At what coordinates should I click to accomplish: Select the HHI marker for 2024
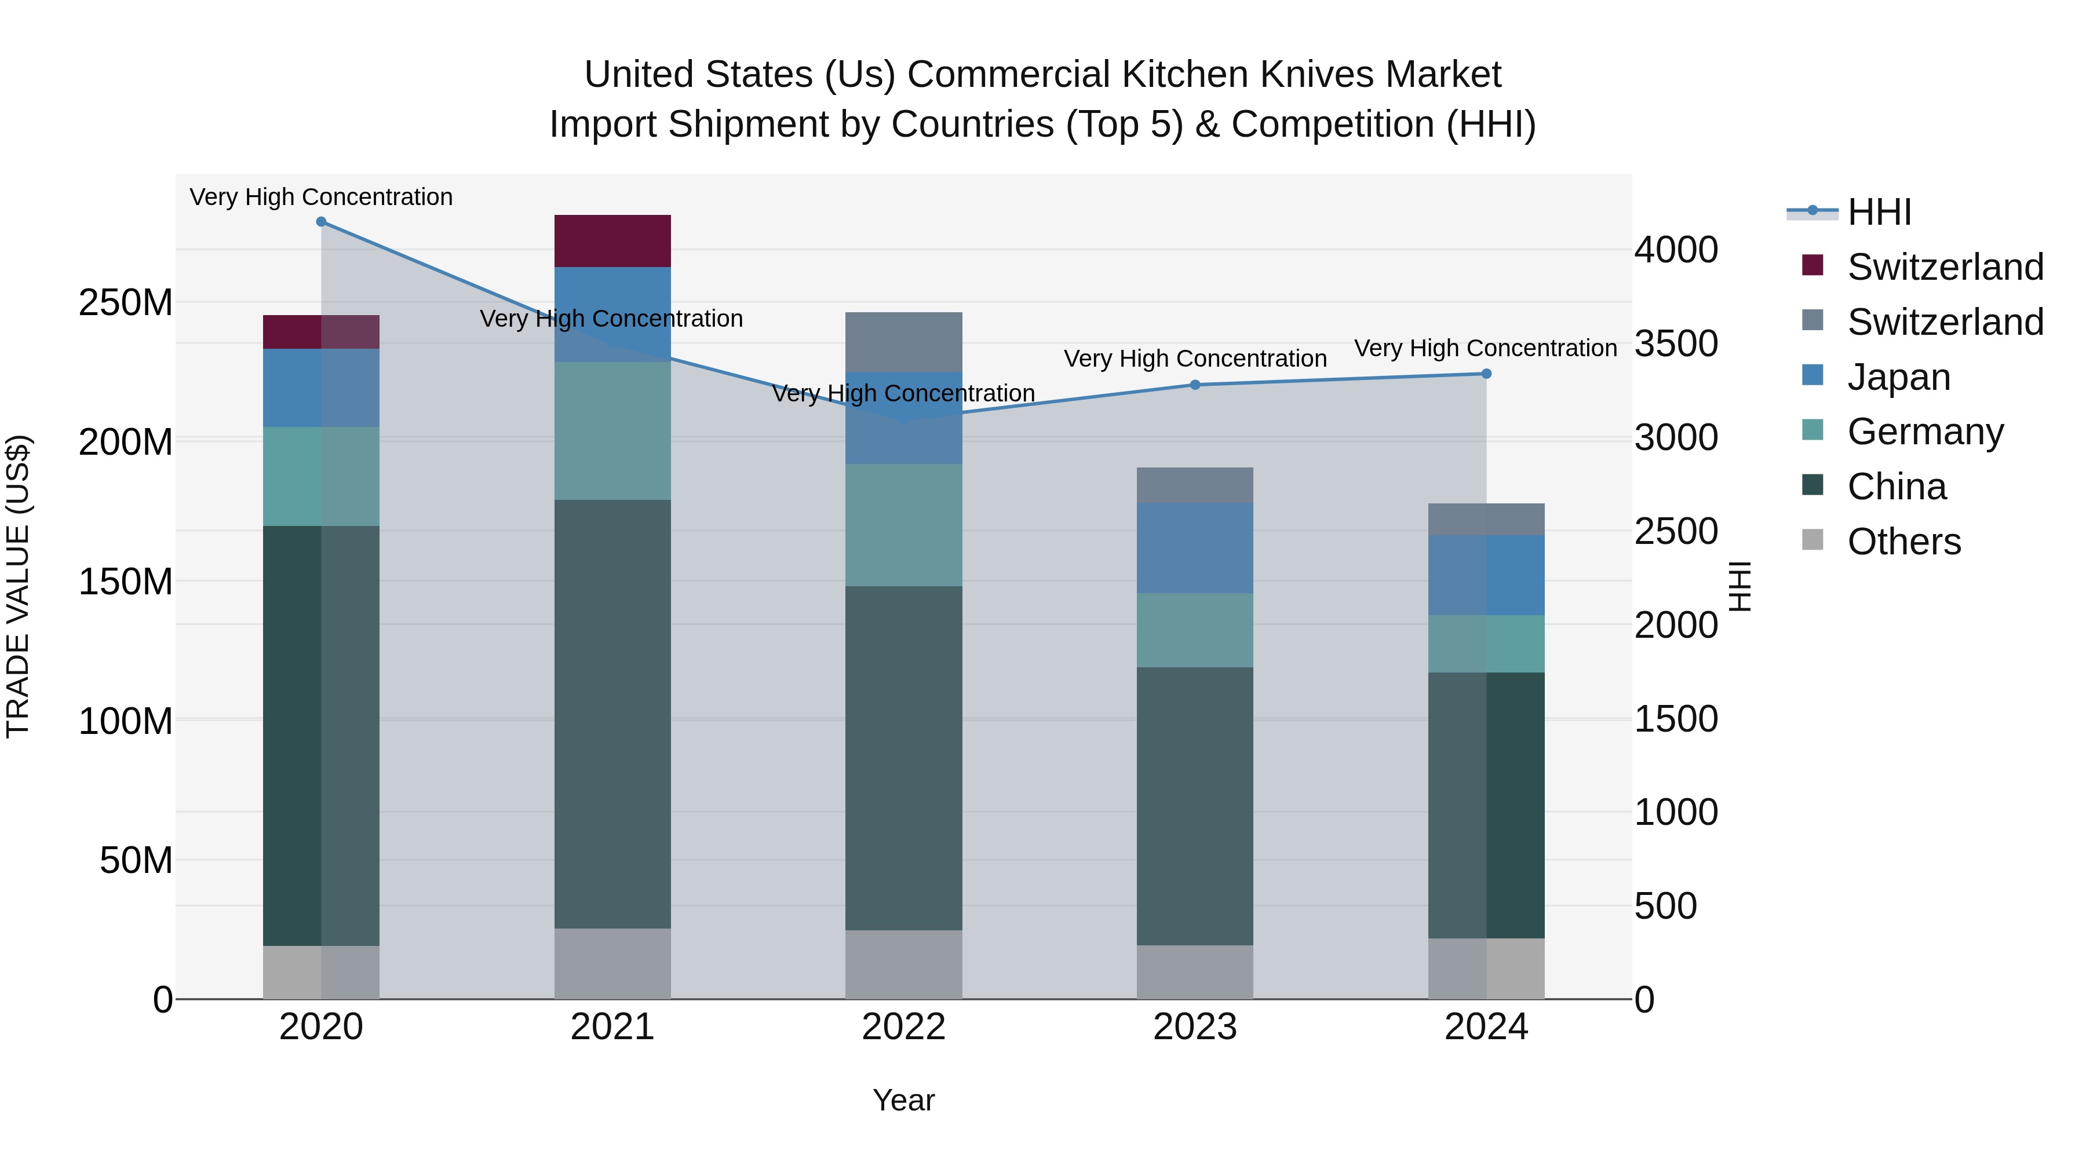click(1486, 374)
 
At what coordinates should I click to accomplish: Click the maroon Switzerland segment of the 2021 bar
click(612, 240)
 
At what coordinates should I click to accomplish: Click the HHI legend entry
click(1879, 212)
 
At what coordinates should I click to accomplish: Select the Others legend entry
click(1903, 542)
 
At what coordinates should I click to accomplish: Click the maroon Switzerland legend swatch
click(1813, 265)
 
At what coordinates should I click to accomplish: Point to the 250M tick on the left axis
click(126, 303)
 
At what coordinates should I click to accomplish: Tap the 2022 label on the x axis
click(904, 1027)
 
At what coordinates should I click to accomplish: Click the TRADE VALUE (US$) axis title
click(18, 586)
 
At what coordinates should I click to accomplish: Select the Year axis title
click(904, 1100)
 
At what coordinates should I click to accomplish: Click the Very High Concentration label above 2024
click(1485, 348)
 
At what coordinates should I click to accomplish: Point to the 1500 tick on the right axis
click(1675, 719)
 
